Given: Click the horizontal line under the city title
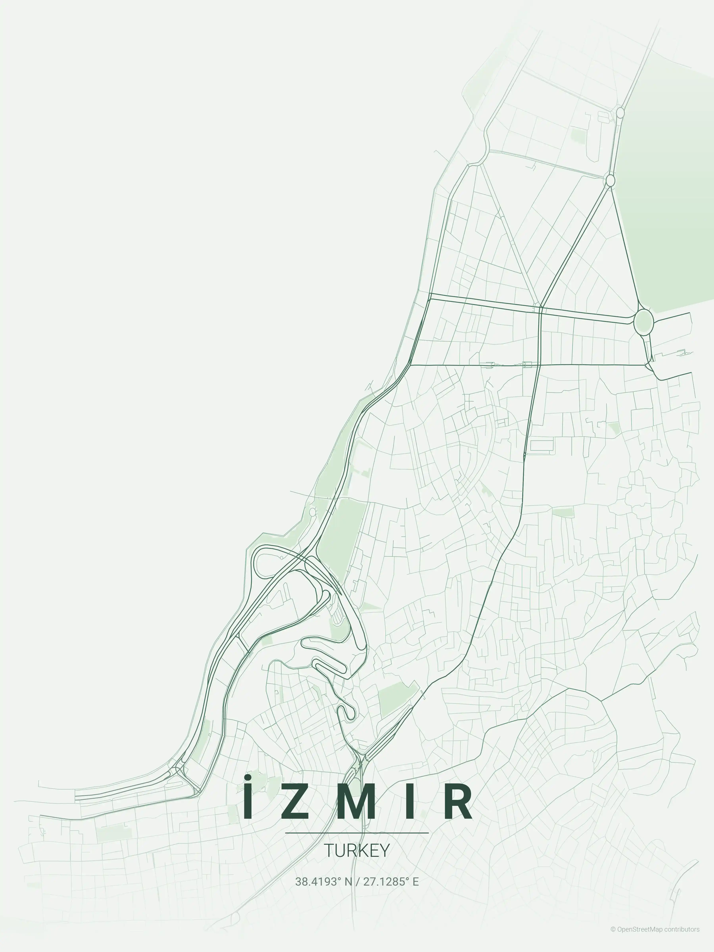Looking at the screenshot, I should pyautogui.click(x=357, y=833).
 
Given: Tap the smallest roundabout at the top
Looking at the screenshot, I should pyautogui.click(x=620, y=113).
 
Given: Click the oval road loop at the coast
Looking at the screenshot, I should pyautogui.click(x=269, y=562).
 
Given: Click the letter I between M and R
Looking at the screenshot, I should pyautogui.click(x=410, y=802).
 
